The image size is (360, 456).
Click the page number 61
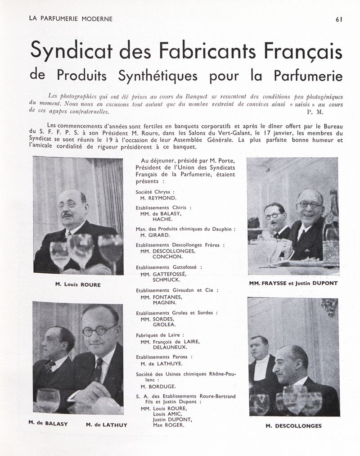coord(339,19)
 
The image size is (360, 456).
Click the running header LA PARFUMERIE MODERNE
coord(71,19)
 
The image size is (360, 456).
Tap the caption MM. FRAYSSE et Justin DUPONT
coord(293,284)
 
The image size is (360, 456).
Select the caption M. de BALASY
coord(48,423)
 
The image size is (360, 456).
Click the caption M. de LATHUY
coord(107,424)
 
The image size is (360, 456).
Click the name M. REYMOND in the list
coord(158,198)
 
